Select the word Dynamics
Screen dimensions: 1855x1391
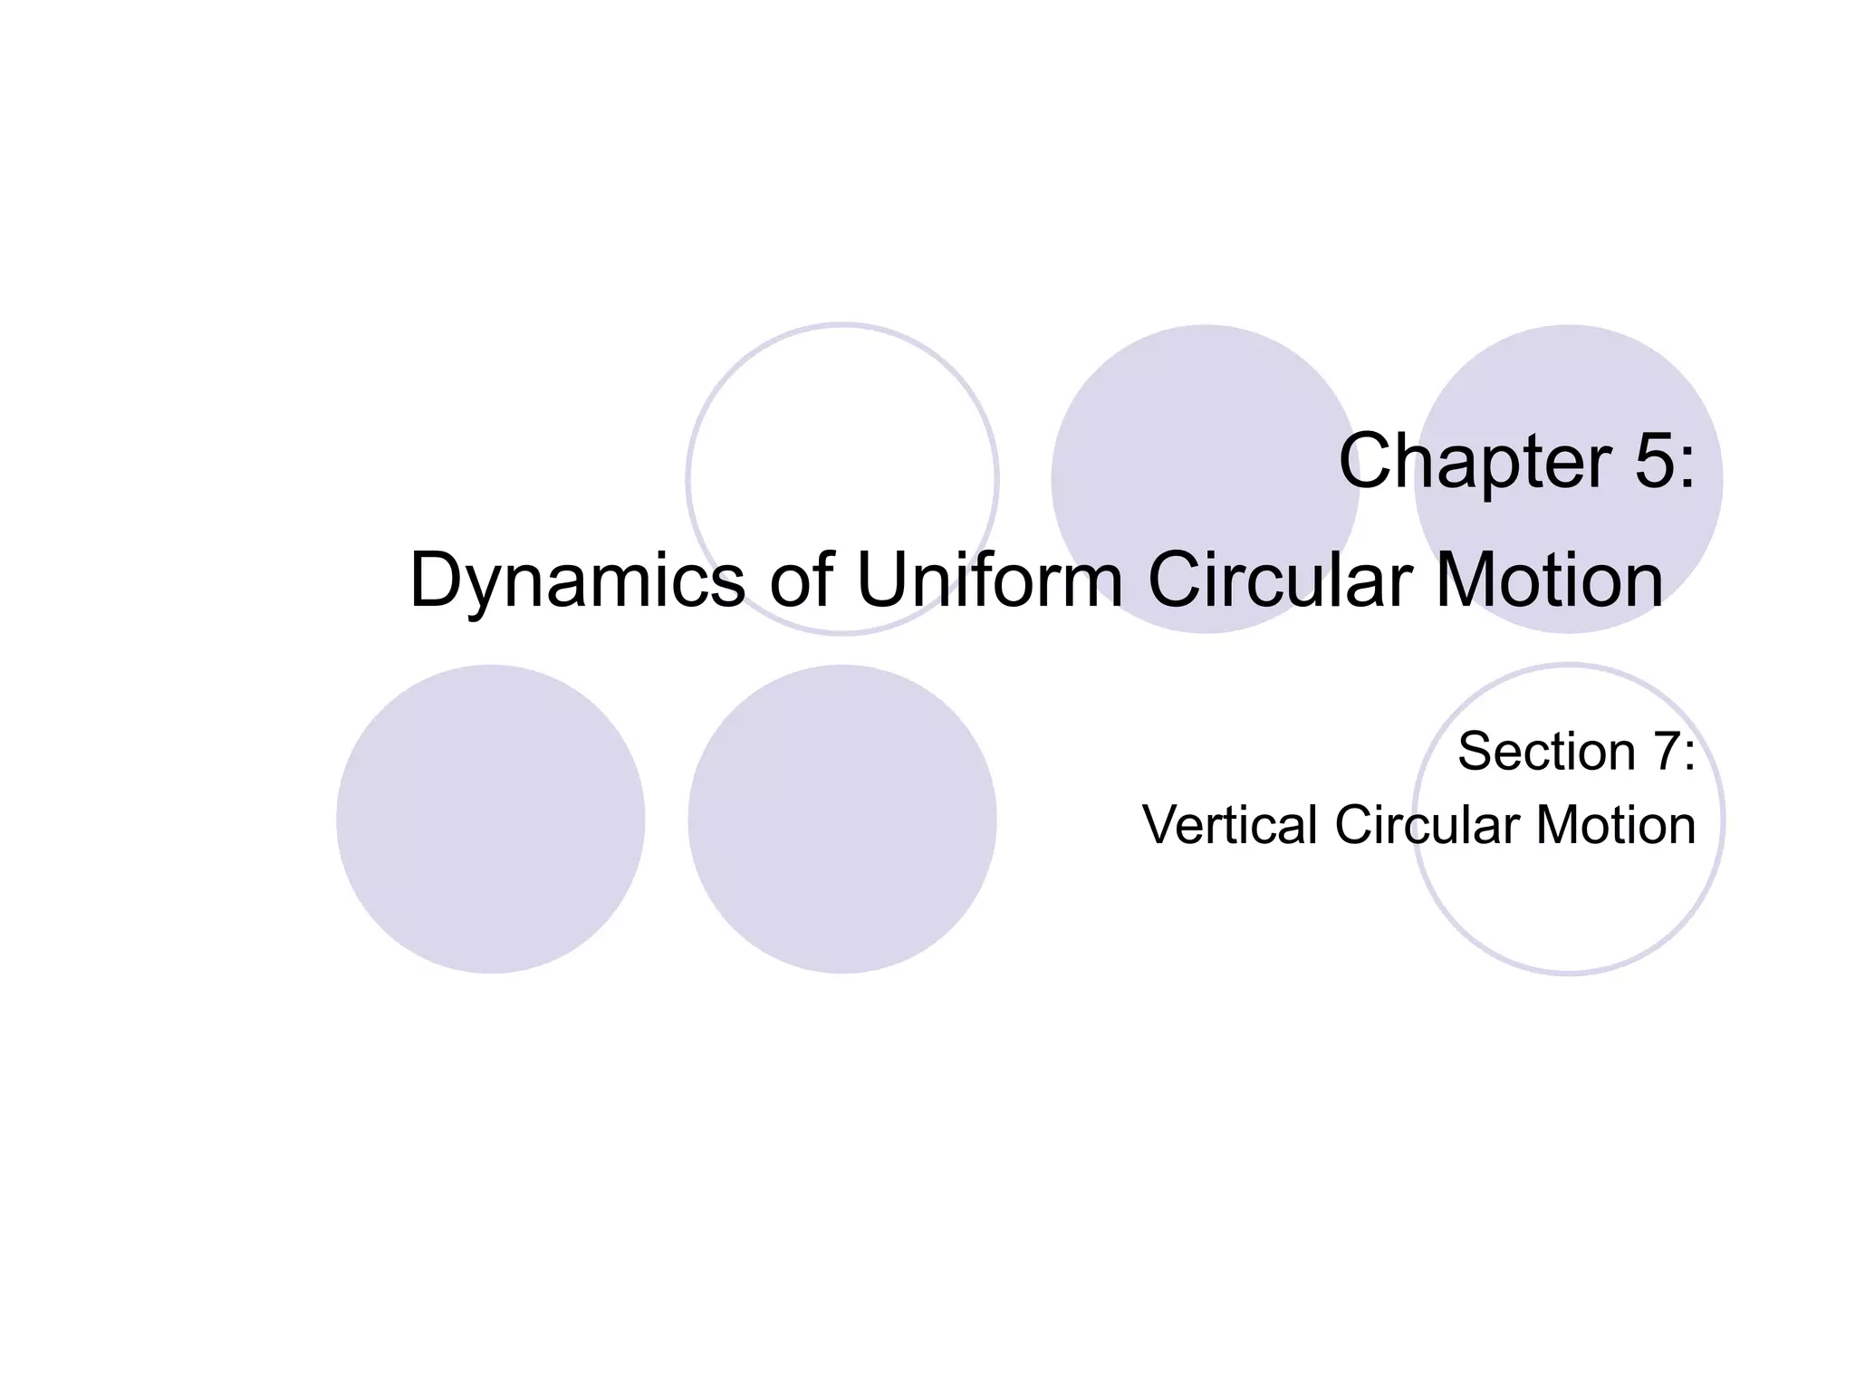point(577,580)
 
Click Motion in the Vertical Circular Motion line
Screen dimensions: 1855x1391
point(1615,825)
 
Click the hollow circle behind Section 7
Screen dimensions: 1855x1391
point(1569,915)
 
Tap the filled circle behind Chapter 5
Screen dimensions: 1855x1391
point(1569,380)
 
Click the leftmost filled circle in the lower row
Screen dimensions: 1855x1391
point(490,819)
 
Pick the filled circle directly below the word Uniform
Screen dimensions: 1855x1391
point(842,819)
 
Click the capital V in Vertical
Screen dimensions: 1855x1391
point(1161,825)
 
